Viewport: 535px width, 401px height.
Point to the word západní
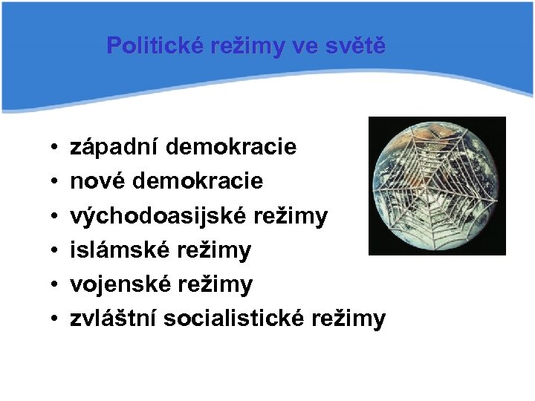coord(114,147)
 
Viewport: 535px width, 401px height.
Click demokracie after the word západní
coord(231,147)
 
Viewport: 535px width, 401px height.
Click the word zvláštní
coord(113,319)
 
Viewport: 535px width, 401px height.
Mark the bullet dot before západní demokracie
coord(56,149)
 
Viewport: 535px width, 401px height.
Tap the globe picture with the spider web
coord(437,186)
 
